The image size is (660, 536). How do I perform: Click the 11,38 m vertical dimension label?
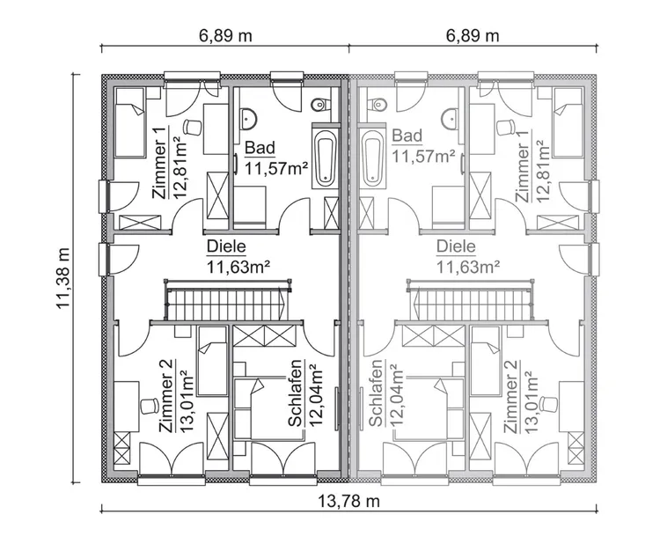pyautogui.click(x=64, y=277)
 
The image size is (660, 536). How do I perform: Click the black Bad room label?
pyautogui.click(x=261, y=147)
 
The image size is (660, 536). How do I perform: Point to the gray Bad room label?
pyautogui.click(x=408, y=136)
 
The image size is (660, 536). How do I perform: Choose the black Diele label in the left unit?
pyautogui.click(x=226, y=247)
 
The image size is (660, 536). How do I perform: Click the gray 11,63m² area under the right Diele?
pyautogui.click(x=468, y=264)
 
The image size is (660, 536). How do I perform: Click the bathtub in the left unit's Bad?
pyautogui.click(x=325, y=157)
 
